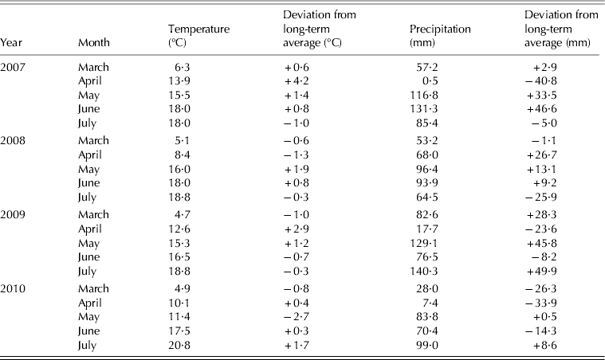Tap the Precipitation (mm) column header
(x=434, y=36)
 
